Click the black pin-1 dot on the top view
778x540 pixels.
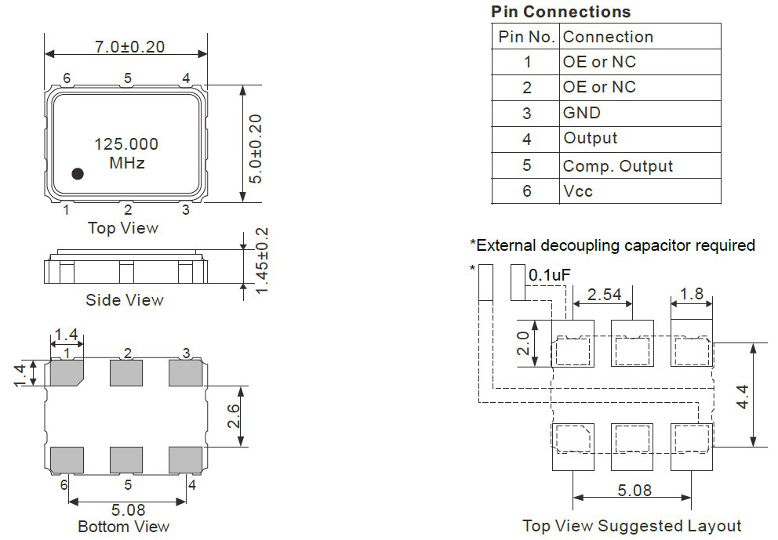[78, 173]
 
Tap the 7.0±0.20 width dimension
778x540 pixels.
[129, 46]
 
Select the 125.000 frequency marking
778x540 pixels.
[126, 144]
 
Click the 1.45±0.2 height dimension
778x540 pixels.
[261, 261]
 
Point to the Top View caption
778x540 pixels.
[123, 228]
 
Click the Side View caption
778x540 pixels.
[125, 300]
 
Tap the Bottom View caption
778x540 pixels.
[124, 527]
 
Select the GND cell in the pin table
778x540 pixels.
[581, 113]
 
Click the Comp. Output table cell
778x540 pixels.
[618, 166]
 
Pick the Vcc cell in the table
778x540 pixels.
[578, 191]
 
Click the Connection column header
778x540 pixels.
[608, 37]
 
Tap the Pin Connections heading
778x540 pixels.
[561, 12]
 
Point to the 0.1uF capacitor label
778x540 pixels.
[549, 275]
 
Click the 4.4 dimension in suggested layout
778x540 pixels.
[742, 397]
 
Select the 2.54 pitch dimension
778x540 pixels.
[604, 295]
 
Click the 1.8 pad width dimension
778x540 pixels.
[692, 294]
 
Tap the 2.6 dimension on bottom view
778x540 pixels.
[233, 416]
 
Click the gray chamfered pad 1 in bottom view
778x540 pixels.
[67, 373]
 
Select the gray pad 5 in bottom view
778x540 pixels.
[126, 460]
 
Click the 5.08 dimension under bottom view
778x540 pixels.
[128, 509]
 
